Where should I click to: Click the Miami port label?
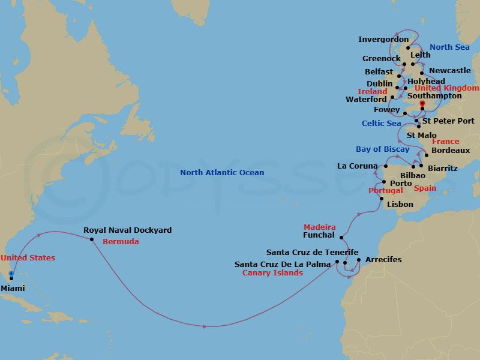(14, 288)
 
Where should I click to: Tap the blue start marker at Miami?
(11, 274)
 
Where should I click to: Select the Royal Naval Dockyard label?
(127, 230)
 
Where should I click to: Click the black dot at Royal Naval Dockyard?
(92, 239)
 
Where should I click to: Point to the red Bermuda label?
(121, 242)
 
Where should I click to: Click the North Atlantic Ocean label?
(222, 173)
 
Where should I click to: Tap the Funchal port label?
(314, 236)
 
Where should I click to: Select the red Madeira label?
(319, 227)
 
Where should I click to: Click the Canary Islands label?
(272, 273)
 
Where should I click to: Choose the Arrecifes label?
(383, 260)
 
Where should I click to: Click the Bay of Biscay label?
(382, 149)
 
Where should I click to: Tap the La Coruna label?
(358, 166)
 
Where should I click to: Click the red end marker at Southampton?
(422, 104)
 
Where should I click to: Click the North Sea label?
(449, 47)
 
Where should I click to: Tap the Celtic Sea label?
(381, 124)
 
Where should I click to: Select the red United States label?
(28, 258)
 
